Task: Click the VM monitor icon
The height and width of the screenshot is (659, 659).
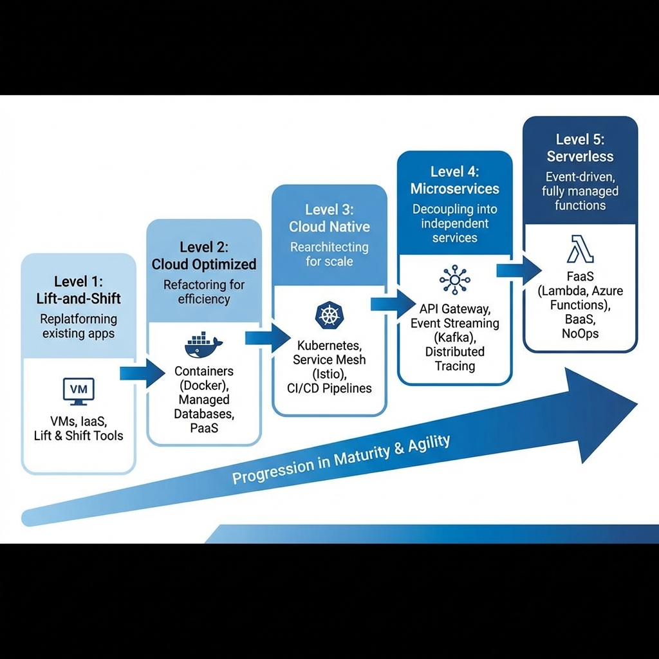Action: (79, 391)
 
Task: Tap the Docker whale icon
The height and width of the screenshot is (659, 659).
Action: (203, 346)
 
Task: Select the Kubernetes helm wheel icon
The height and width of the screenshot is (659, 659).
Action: (329, 316)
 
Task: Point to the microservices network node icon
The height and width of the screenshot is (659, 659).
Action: (454, 279)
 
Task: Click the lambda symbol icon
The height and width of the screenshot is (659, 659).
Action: (580, 249)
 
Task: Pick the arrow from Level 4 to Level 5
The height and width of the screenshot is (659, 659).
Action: (519, 269)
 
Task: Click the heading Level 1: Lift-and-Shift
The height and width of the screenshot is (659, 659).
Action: (79, 290)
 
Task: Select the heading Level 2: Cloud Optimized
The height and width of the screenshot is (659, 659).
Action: (204, 255)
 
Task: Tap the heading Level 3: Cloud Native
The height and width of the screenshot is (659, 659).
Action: (329, 218)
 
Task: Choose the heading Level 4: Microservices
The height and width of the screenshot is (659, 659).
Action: (455, 180)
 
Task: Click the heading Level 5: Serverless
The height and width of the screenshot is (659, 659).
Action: (580, 148)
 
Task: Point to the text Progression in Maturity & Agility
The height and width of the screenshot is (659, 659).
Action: (341, 459)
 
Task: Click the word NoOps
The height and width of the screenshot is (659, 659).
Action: (580, 333)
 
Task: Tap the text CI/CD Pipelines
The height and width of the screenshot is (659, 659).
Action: (329, 388)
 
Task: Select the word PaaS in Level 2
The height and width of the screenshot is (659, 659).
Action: (204, 428)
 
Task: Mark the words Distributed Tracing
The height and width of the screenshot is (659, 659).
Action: (455, 359)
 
